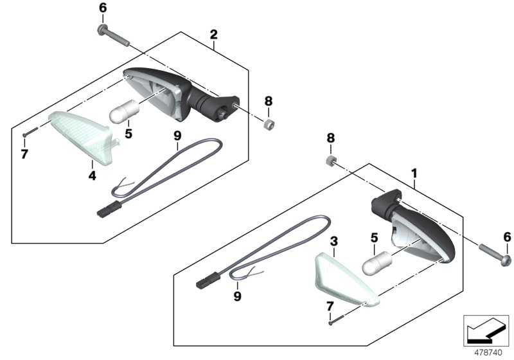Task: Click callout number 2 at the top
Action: pyautogui.click(x=213, y=35)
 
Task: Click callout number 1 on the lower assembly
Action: pyautogui.click(x=414, y=174)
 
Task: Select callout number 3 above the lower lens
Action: pyautogui.click(x=333, y=242)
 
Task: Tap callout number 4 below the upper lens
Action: pyautogui.click(x=92, y=175)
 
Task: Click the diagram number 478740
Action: pyautogui.click(x=488, y=353)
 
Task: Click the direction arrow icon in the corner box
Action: pyautogui.click(x=485, y=330)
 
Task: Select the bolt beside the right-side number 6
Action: pyautogui.click(x=495, y=254)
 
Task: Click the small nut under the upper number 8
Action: pyautogui.click(x=269, y=124)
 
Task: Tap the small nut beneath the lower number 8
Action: pyautogui.click(x=331, y=160)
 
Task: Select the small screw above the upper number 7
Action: pyautogui.click(x=30, y=132)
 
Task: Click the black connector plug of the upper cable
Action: pyautogui.click(x=109, y=208)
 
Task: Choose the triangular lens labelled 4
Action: pyautogui.click(x=83, y=136)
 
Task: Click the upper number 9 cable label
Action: pyautogui.click(x=177, y=136)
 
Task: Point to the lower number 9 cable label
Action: pyautogui.click(x=237, y=296)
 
